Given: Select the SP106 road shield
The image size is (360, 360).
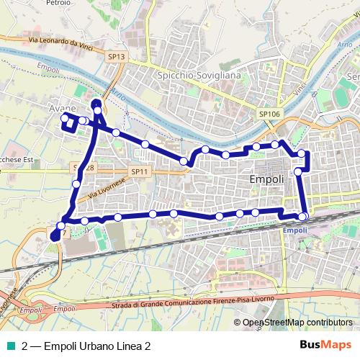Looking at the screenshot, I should click(269, 113).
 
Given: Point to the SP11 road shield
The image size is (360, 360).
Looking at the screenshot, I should click(139, 171).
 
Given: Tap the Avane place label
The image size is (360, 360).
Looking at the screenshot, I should click(62, 109).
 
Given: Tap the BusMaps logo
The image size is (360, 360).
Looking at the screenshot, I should click(325, 346).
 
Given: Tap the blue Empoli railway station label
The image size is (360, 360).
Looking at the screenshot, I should click(295, 230).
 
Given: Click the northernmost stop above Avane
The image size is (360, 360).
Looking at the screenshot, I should click(97, 102).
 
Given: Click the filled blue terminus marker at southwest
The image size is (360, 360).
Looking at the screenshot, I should click(56, 235).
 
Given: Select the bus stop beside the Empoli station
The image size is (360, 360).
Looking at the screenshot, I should click(303, 216).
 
